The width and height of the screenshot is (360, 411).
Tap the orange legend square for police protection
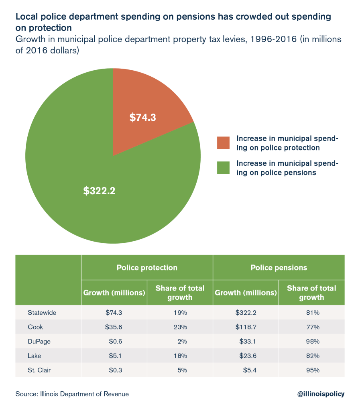223,143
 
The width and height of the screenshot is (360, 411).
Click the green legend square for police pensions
223,168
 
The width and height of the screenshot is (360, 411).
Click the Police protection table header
147,267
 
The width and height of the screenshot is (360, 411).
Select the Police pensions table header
279,267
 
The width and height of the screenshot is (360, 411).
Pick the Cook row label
35,327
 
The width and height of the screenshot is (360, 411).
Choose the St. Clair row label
39,370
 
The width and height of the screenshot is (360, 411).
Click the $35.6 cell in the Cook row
114,327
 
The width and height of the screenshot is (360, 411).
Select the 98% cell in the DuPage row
311,342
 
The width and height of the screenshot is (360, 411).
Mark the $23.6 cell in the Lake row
246,356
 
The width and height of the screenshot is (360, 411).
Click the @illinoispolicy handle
321,394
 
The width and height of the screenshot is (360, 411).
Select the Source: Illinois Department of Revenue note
72,394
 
